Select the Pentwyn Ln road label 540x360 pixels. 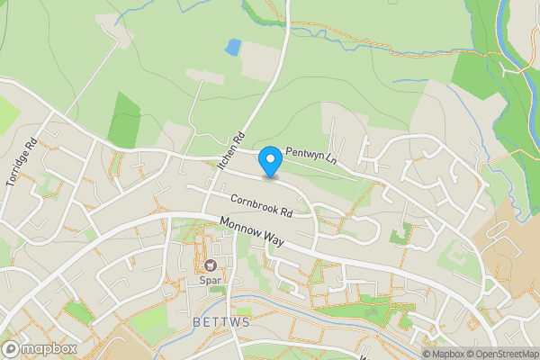point(310,156)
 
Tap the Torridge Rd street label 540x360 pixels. point(21,162)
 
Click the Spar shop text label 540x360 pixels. point(211,280)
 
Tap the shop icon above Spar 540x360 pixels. point(211,265)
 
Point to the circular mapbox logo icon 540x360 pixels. point(11,348)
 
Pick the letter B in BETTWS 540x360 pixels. point(195,321)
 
